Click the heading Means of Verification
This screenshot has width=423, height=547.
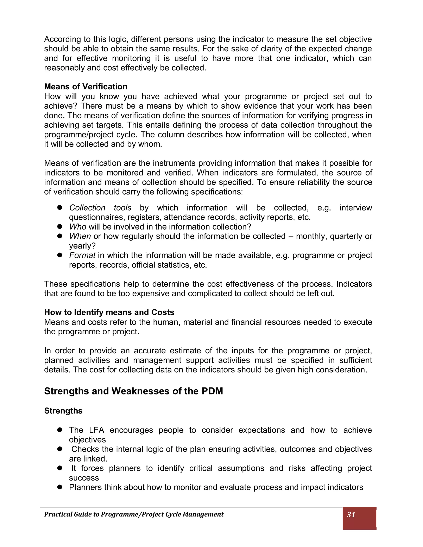(x=86, y=87)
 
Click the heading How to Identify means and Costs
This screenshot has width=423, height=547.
(x=109, y=312)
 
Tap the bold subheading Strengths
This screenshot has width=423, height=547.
(x=63, y=411)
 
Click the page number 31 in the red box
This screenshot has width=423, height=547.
(x=351, y=515)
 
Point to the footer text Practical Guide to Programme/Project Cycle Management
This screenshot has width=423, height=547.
(x=134, y=514)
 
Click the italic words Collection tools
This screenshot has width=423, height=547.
(x=100, y=208)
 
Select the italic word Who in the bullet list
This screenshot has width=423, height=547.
(x=77, y=227)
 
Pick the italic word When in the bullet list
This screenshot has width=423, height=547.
(x=80, y=236)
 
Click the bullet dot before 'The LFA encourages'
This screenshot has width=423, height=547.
(x=60, y=430)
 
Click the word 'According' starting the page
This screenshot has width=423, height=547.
(x=62, y=39)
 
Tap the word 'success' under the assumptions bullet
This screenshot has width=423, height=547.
(x=84, y=478)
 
